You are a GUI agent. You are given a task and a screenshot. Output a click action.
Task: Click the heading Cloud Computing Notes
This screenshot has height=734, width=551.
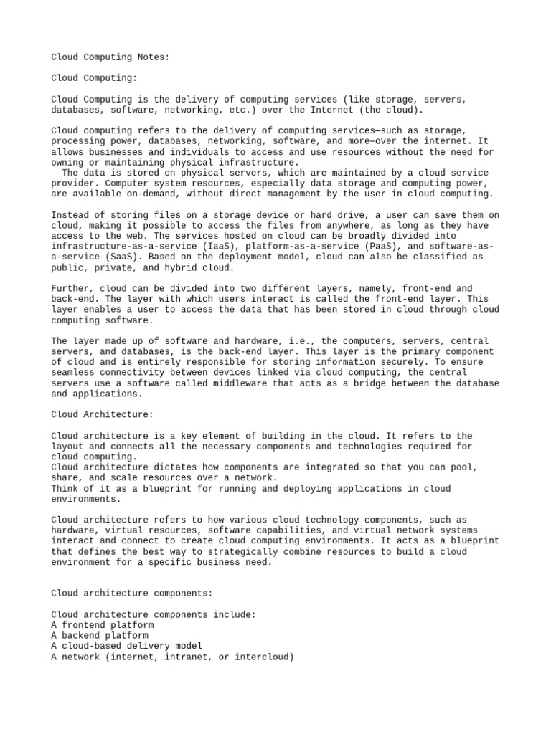110,57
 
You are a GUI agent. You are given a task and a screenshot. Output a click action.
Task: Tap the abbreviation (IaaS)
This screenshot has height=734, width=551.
186,246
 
